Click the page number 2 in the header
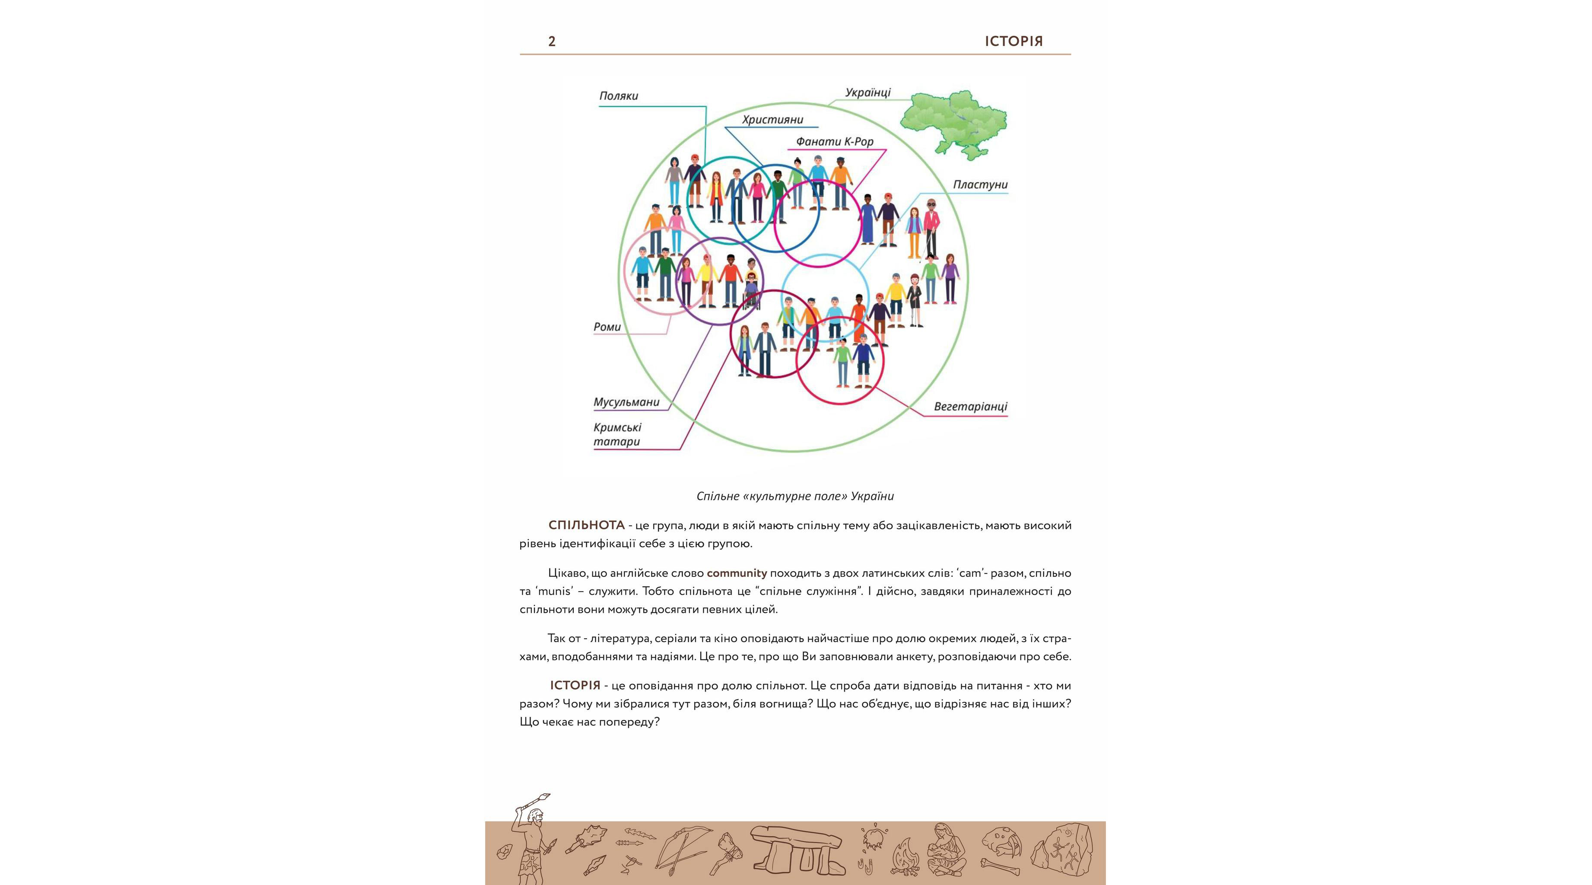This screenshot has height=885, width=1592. point(552,41)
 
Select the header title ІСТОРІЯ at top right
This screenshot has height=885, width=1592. point(1014,41)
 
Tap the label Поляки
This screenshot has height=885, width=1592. point(618,96)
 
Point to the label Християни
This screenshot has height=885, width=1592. point(772,120)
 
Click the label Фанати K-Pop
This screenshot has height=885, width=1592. point(834,142)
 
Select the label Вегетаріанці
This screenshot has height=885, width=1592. point(970,407)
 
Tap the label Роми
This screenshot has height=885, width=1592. point(607,327)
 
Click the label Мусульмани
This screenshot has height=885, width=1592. point(626,402)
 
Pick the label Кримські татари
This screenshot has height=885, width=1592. point(617,434)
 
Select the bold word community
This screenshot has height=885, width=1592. point(737,573)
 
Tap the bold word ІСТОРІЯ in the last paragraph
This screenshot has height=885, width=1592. point(575,685)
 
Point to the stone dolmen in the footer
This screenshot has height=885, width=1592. point(797,850)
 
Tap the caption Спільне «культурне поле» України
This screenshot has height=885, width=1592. point(795,496)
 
